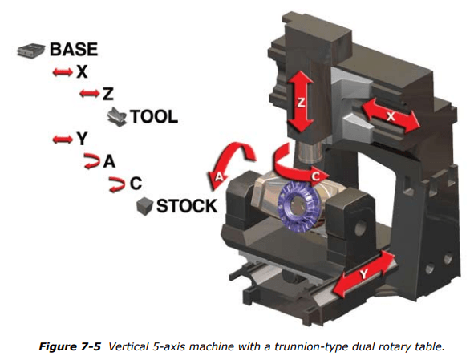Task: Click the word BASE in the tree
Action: coord(74,49)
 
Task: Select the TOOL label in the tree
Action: coord(154,117)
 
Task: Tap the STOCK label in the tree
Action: coord(186,205)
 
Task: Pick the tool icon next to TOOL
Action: coord(116,116)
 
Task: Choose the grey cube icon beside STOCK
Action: coord(144,205)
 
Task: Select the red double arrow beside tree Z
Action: coord(88,95)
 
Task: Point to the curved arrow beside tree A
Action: coord(91,161)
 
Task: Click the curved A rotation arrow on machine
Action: coord(229,163)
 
